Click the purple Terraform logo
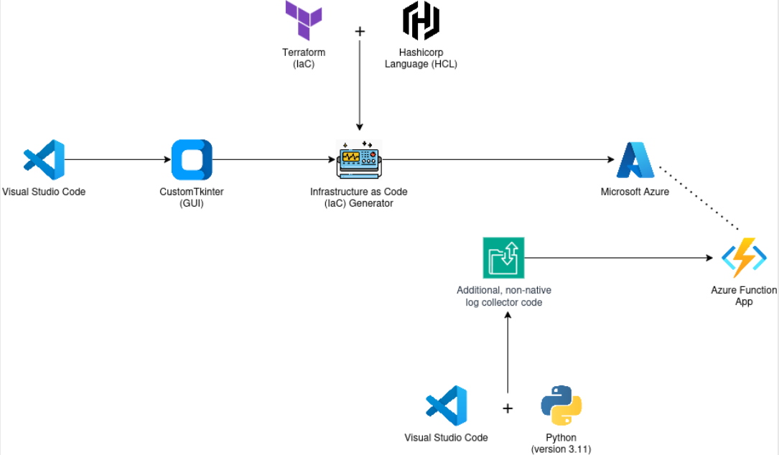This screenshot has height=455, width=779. [x=303, y=20]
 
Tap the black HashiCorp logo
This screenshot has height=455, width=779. [x=420, y=20]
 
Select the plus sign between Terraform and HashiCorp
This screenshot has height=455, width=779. [x=360, y=32]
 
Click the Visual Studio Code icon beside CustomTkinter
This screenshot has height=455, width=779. [x=44, y=159]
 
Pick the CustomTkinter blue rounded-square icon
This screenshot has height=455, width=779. [x=192, y=159]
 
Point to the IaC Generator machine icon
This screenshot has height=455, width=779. [x=359, y=159]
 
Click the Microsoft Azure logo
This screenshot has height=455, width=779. [x=635, y=160]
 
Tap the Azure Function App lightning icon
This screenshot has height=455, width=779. [x=744, y=258]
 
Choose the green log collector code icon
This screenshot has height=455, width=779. [x=503, y=258]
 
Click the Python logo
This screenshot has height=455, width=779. [x=561, y=406]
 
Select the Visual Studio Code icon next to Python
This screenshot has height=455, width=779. [x=446, y=406]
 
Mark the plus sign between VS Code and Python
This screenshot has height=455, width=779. [x=508, y=408]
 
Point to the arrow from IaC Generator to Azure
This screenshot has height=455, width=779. [x=495, y=159]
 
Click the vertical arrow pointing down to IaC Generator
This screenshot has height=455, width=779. [x=359, y=86]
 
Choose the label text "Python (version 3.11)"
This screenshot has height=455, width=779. [x=561, y=444]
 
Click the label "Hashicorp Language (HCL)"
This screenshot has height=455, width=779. [x=421, y=58]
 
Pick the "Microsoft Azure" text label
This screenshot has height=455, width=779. [x=635, y=192]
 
